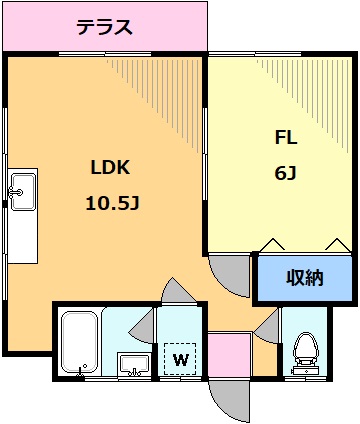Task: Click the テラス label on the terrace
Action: coord(105,27)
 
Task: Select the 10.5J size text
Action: coord(111,203)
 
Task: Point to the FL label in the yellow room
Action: coord(285,138)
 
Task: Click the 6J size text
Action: coord(285,173)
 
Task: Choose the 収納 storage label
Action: coord(305,279)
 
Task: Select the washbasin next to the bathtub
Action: coord(131,364)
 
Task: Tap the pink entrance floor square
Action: coord(229,355)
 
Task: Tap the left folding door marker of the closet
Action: coord(272,243)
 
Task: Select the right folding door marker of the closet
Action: coord(338,243)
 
